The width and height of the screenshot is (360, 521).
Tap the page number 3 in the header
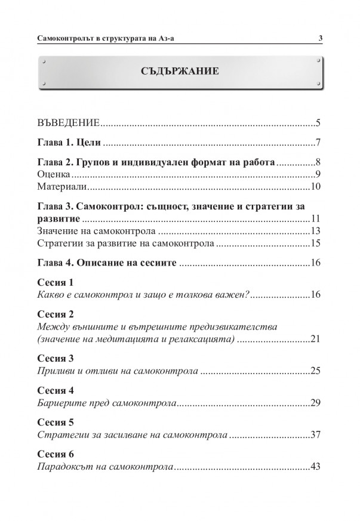[x=321, y=39]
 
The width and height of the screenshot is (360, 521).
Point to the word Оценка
[x=54, y=175]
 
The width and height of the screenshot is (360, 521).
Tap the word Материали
[x=61, y=187]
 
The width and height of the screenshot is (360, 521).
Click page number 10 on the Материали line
[x=316, y=187]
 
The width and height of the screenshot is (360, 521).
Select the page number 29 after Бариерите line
[x=316, y=404]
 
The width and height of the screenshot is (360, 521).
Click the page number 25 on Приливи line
[x=316, y=372]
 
